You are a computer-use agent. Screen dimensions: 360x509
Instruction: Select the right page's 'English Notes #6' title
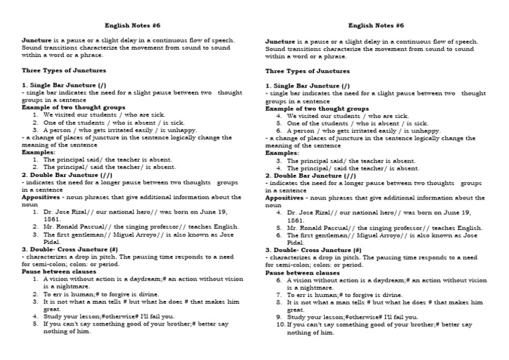(x=376, y=25)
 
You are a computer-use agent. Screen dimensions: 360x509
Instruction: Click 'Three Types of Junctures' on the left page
(x=64, y=70)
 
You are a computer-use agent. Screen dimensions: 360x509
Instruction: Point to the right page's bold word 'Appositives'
(x=286, y=198)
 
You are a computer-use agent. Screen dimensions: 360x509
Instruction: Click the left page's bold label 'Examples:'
(x=38, y=152)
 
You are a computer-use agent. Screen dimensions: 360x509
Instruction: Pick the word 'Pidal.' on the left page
(x=52, y=242)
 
